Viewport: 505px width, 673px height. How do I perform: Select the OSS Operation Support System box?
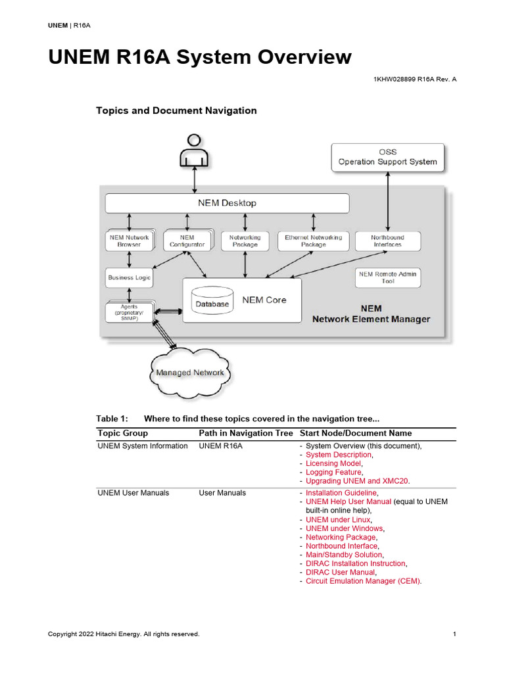pos(387,157)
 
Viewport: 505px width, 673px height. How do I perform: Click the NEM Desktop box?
pos(227,203)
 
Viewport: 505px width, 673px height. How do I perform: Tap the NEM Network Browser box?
pos(129,241)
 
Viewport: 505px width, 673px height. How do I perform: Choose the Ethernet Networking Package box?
pos(313,241)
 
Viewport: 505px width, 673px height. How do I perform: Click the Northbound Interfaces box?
pos(387,241)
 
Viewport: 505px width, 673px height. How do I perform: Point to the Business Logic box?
pos(129,277)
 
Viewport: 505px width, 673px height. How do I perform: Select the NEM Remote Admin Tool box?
pos(387,277)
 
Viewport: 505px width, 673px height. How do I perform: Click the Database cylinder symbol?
pos(212,300)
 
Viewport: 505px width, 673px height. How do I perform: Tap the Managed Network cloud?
pos(190,373)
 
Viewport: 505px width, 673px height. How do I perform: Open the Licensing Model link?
pos(333,463)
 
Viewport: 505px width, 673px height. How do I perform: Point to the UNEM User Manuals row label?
pos(133,492)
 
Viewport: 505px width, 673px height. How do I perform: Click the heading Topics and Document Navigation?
pos(176,110)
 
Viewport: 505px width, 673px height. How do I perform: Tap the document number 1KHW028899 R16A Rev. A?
pos(414,79)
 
